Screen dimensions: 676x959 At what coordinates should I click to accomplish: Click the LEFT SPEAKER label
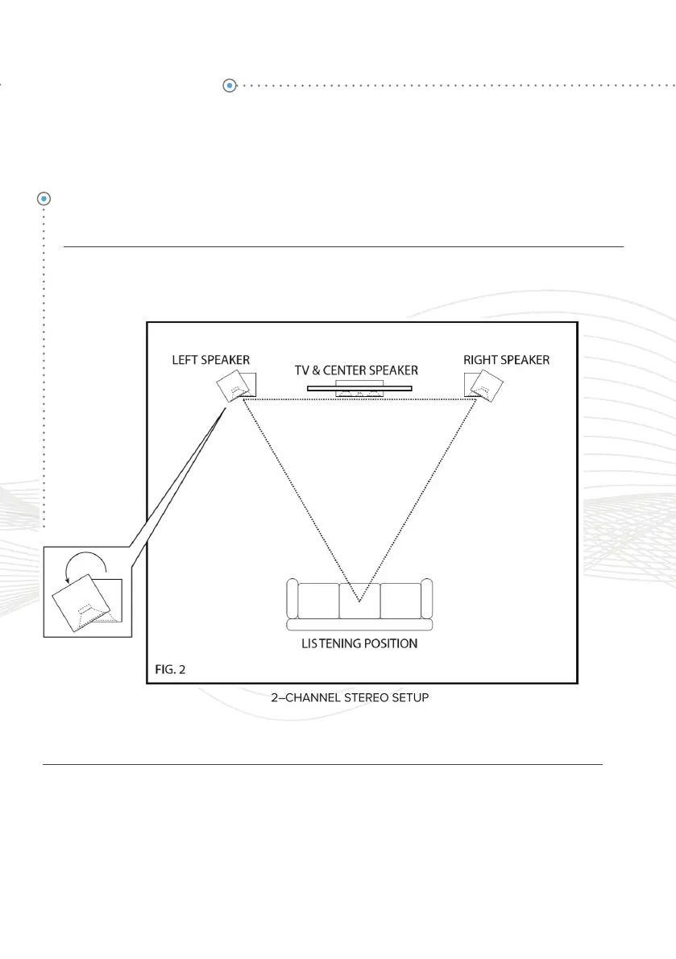coord(210,359)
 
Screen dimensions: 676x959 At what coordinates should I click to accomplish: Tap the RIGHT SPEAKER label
coord(506,359)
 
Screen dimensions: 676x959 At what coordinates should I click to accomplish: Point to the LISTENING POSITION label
coord(359,644)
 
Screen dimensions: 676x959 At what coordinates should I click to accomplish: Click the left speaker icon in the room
coord(235,386)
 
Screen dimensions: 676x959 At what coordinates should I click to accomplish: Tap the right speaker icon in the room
coord(485,385)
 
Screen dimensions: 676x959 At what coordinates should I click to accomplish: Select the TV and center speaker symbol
coord(359,388)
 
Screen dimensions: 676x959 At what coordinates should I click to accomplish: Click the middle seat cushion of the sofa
coord(359,600)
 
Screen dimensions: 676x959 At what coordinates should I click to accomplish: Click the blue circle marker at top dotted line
coord(230,85)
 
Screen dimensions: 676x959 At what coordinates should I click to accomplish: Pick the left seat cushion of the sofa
coord(318,600)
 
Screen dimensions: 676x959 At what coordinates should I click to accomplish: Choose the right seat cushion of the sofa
coord(400,600)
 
